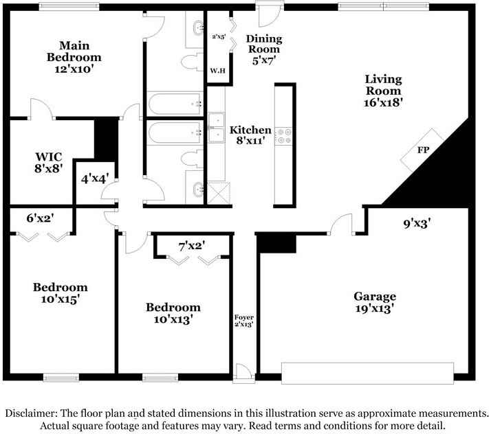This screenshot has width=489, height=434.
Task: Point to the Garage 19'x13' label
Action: [375, 302]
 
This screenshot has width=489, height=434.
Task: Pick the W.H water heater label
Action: [219, 70]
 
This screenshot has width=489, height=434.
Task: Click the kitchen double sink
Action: [217, 128]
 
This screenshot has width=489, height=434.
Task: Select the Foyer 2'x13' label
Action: [245, 321]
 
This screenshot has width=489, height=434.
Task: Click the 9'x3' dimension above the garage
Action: [417, 222]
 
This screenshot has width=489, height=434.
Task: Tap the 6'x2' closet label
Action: [41, 218]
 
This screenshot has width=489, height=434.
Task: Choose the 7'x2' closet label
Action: [191, 244]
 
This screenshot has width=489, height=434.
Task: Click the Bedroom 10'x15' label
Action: [61, 293]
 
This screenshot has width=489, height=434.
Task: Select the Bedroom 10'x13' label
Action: [173, 313]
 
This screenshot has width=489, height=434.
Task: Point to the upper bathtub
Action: [173, 104]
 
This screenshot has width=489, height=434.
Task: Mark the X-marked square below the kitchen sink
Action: [217, 190]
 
